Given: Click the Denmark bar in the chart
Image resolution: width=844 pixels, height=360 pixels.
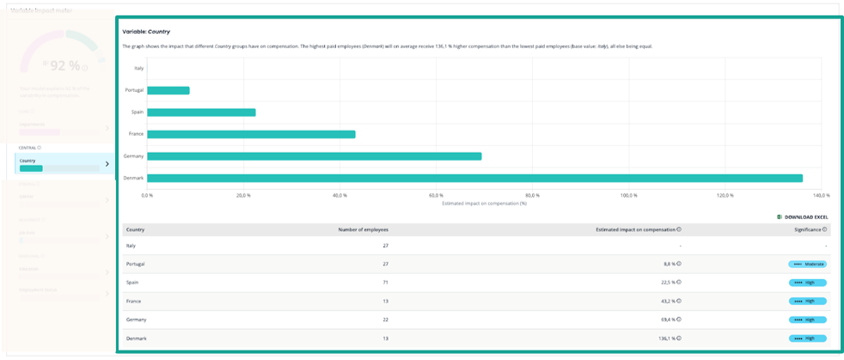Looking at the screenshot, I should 474,178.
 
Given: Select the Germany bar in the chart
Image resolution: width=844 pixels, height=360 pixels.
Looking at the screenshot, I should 314,156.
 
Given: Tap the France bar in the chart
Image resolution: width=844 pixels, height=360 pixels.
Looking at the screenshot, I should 251,134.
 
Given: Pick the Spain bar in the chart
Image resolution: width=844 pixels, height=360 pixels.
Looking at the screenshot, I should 201,113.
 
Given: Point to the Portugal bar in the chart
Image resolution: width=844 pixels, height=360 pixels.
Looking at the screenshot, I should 168,90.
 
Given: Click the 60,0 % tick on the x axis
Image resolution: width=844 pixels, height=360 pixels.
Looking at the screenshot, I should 436,196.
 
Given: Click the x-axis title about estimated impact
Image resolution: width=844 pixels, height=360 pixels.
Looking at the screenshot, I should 483,204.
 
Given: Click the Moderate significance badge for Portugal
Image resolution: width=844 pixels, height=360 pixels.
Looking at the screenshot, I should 807,264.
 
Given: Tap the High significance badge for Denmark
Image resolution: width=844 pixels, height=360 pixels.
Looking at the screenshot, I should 807,339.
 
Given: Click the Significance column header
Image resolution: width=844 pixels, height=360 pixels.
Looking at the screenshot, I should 809,229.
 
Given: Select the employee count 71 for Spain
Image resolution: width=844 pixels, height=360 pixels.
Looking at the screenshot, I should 385,283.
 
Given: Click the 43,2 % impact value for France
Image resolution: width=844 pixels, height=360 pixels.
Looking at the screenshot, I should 666,302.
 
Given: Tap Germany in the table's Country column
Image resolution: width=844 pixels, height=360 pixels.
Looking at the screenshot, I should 136,320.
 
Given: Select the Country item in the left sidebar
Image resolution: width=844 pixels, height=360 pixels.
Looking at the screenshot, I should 64,163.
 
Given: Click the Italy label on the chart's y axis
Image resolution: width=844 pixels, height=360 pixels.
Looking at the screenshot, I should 138,68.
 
